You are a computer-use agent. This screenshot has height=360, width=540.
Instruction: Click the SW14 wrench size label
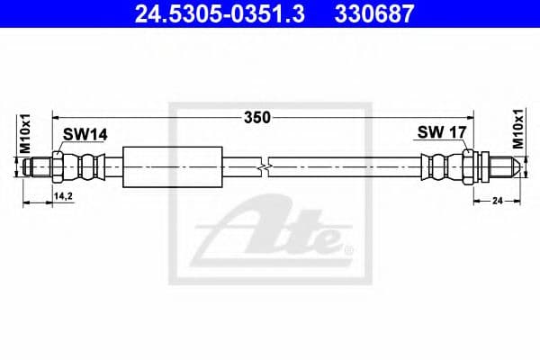(x=85, y=134)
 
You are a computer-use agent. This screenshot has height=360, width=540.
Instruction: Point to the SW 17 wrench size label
(x=441, y=133)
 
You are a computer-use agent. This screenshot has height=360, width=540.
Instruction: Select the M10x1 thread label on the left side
(x=25, y=135)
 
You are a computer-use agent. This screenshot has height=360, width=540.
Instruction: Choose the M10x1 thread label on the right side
(x=518, y=130)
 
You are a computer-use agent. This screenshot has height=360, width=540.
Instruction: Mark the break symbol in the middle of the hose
(x=261, y=166)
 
